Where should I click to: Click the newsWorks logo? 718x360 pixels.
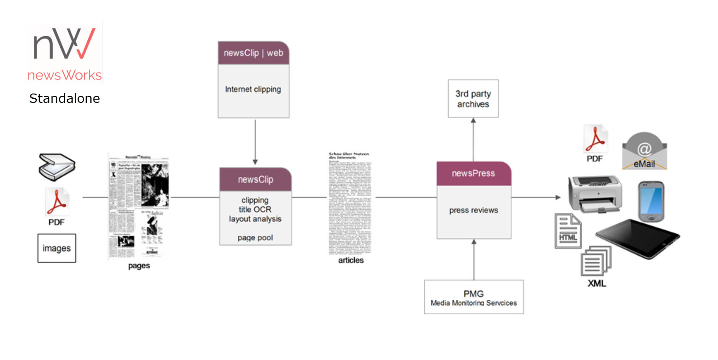(64, 53)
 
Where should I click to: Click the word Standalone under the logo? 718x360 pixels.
(64, 99)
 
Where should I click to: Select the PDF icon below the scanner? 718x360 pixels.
(57, 202)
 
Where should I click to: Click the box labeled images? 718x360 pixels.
(56, 248)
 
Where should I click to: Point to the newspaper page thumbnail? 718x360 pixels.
(139, 206)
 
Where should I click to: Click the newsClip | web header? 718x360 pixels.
(253, 53)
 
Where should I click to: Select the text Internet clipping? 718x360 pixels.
(253, 89)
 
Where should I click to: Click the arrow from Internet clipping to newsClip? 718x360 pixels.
(255, 141)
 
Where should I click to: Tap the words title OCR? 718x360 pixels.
(255, 210)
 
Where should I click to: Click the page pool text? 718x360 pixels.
(255, 238)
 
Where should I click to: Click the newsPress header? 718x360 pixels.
(474, 173)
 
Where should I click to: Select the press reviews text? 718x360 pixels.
(474, 210)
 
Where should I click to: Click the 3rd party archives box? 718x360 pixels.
(473, 99)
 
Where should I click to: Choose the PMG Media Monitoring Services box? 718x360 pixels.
(474, 297)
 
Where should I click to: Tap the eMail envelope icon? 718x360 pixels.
(644, 150)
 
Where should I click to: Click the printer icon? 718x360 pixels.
(595, 193)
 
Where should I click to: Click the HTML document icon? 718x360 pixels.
(568, 230)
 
